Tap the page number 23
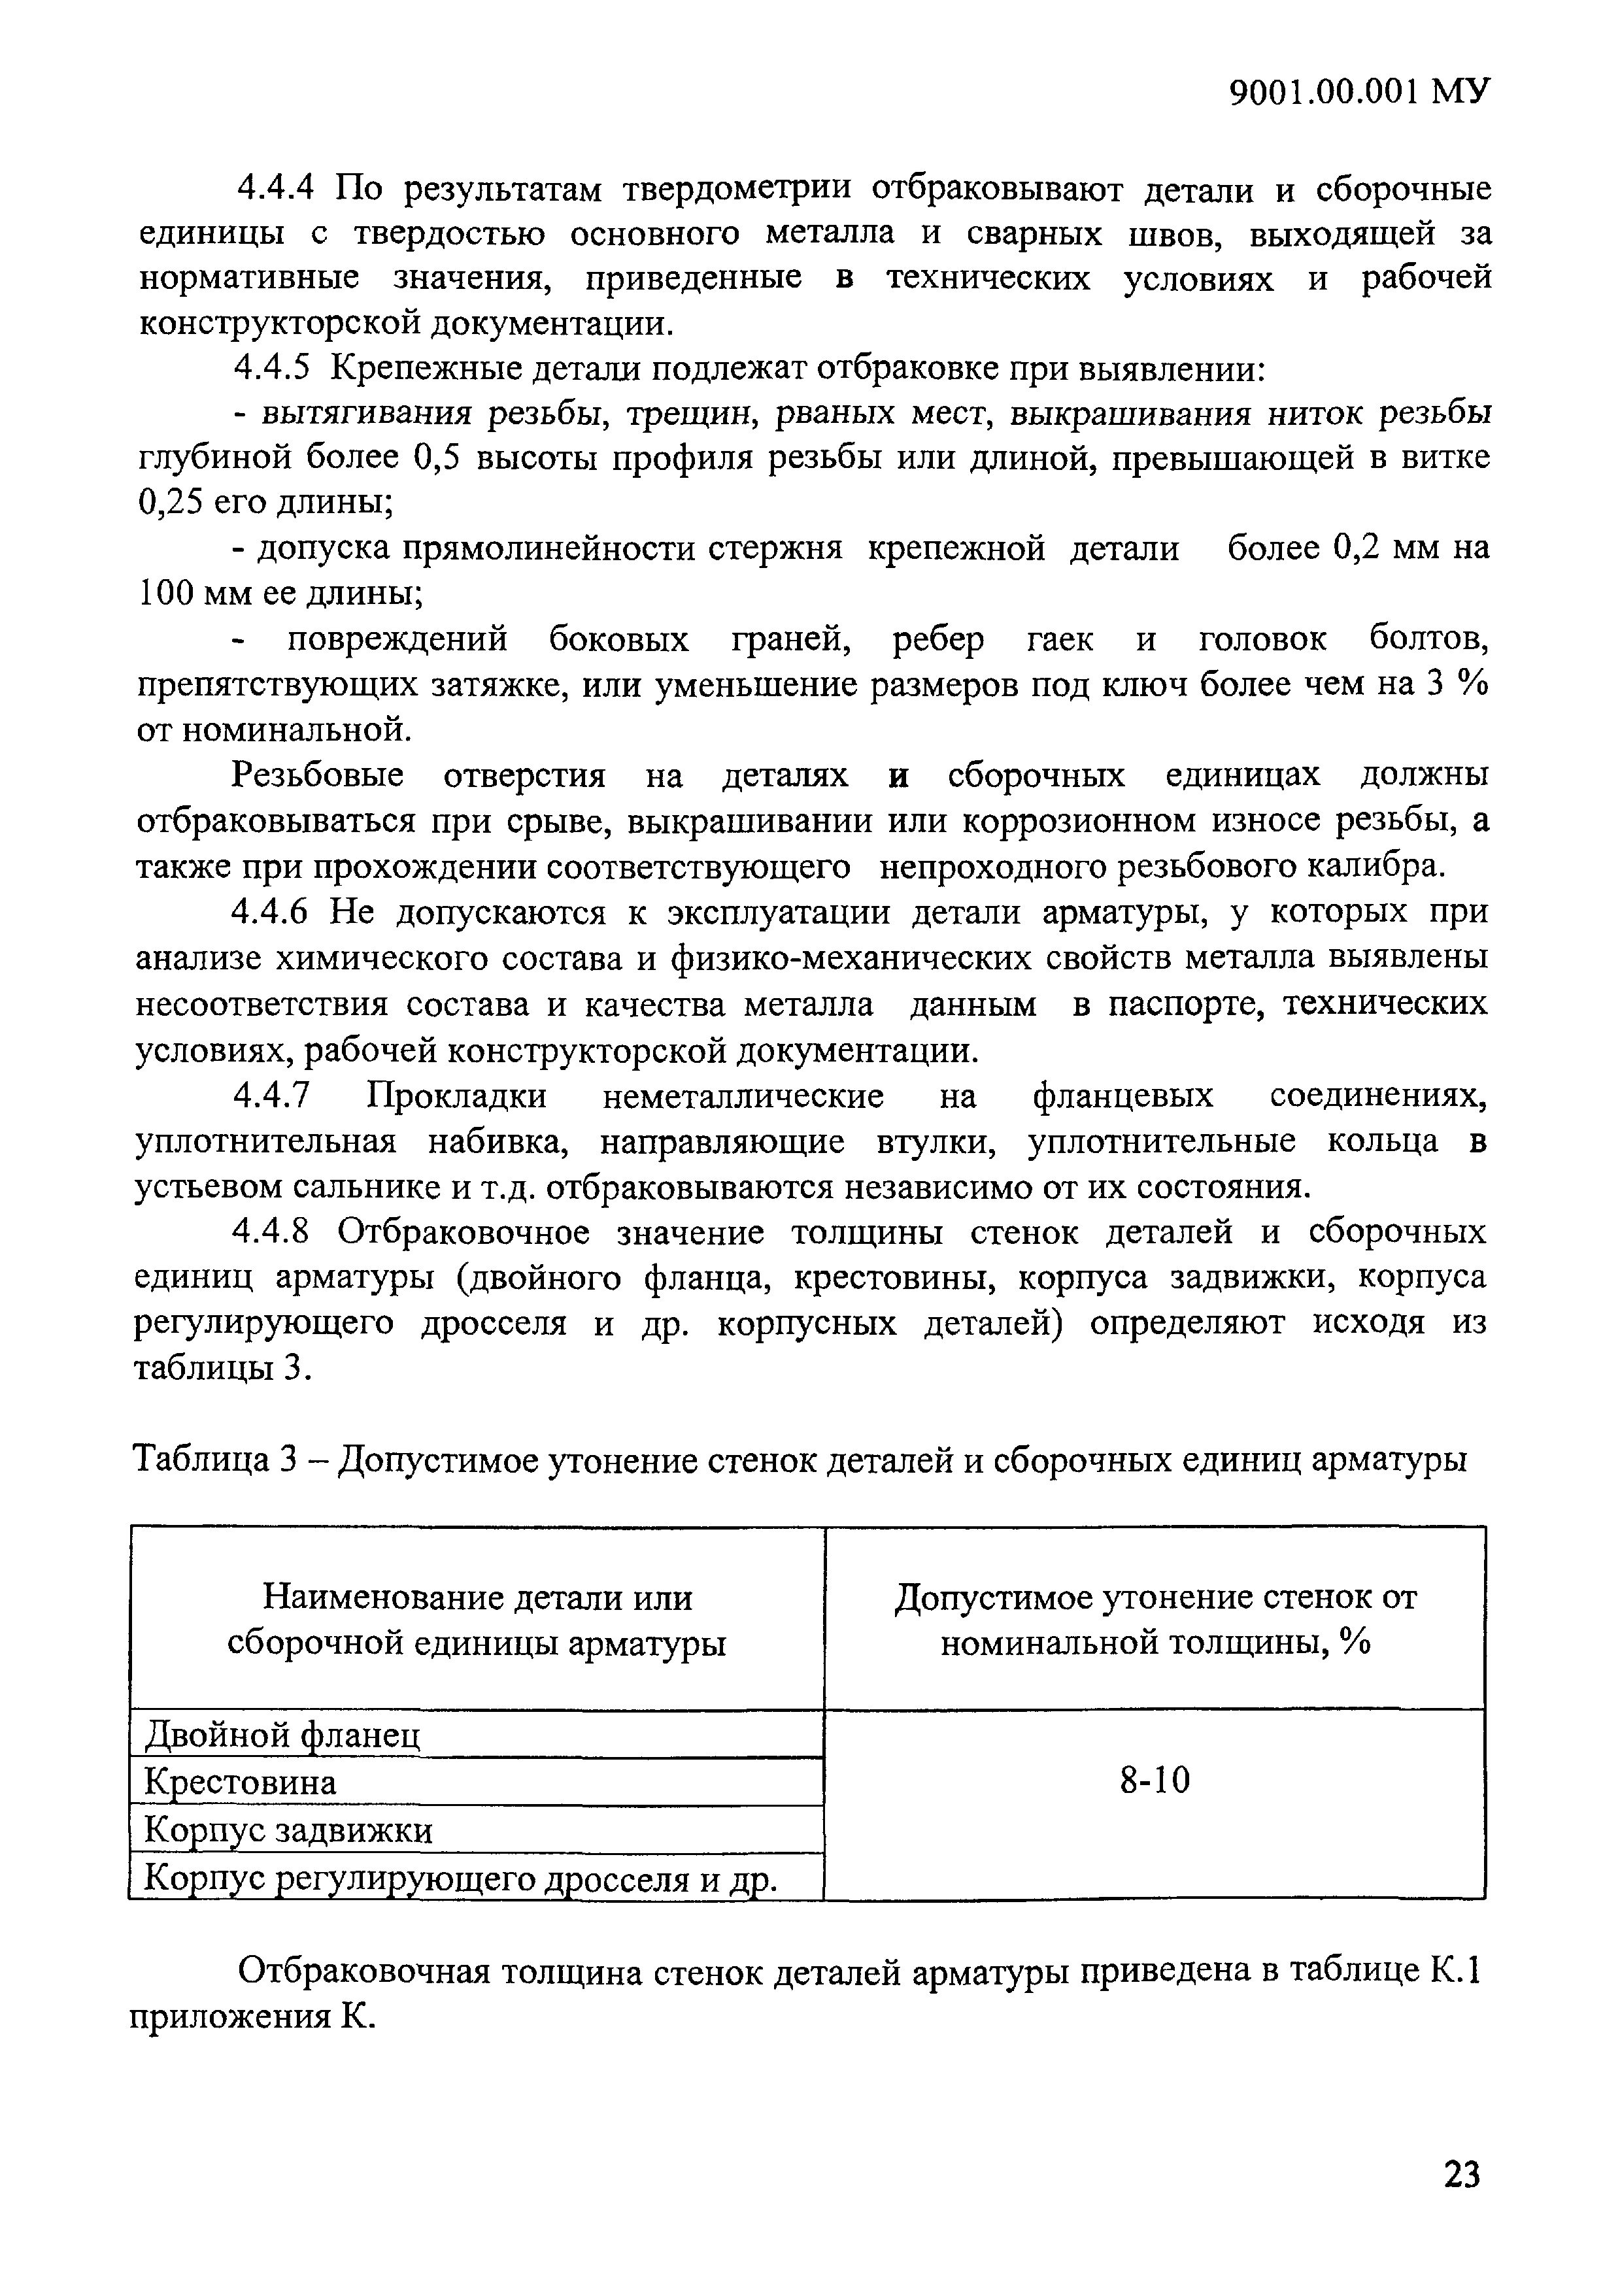point(1461,2173)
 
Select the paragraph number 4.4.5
point(274,369)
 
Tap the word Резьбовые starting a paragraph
point(318,775)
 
